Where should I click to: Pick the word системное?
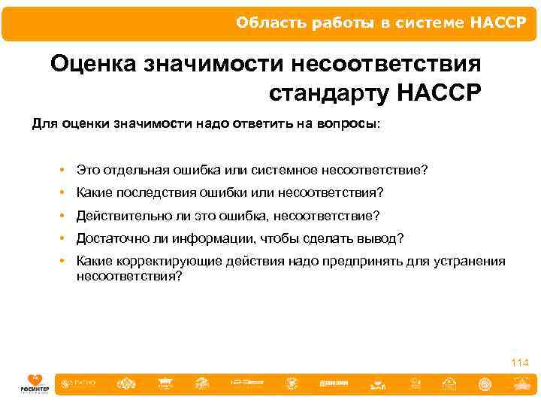pos(288,170)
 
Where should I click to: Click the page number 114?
pos(519,363)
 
